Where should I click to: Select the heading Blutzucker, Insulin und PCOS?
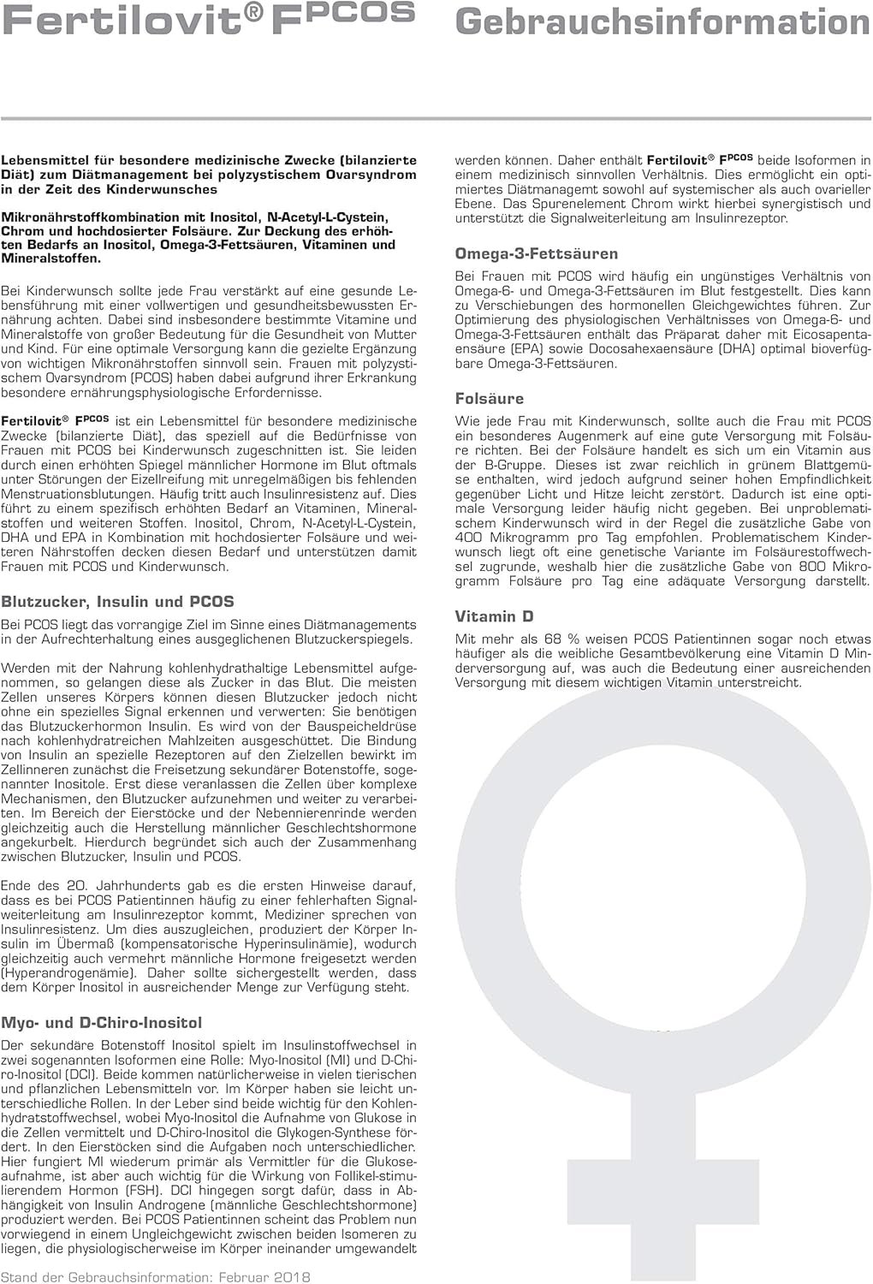(x=117, y=602)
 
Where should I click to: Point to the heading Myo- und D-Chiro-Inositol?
(x=102, y=1022)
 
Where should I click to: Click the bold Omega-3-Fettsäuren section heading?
(x=536, y=253)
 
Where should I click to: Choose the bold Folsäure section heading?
(x=490, y=398)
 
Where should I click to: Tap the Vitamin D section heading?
(x=497, y=616)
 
